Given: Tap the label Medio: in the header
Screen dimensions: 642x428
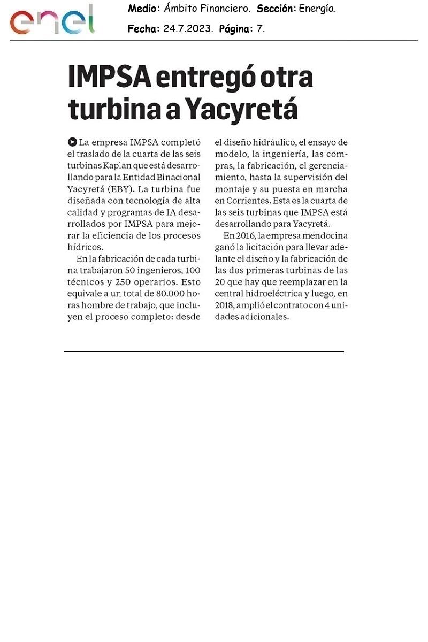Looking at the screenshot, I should tap(143, 9).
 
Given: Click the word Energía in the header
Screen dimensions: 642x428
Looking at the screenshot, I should tap(317, 9).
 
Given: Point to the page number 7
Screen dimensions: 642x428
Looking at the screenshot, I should tap(260, 29).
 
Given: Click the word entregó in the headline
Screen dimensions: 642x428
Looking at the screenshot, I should tap(204, 78).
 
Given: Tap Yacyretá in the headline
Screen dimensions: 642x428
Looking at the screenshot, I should tap(241, 109).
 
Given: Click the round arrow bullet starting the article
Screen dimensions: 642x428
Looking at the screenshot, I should tap(72, 142).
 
